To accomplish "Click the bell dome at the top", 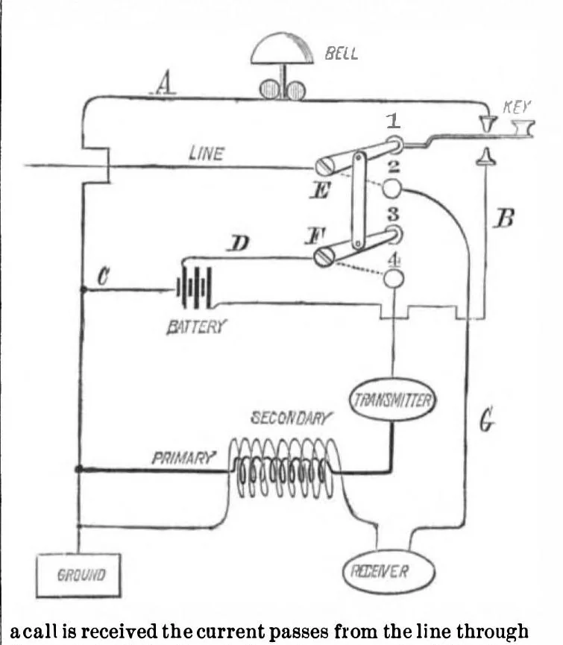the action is [x=282, y=49].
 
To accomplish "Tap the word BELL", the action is [x=341, y=54].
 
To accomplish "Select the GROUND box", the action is [x=78, y=575].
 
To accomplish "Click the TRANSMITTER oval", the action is [x=393, y=400].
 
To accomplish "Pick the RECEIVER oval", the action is [x=389, y=571].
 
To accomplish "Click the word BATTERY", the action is [x=197, y=327].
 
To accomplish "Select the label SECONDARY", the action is [x=291, y=418].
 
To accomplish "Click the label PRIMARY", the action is [x=183, y=458].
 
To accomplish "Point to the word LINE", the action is [x=207, y=154].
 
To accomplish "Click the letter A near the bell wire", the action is [x=165, y=83].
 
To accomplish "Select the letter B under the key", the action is [x=505, y=218].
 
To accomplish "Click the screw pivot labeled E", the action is [x=324, y=166].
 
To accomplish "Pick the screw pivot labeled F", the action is [x=323, y=257].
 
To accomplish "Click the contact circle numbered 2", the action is [x=392, y=189].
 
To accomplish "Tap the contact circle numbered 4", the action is [x=394, y=278].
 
